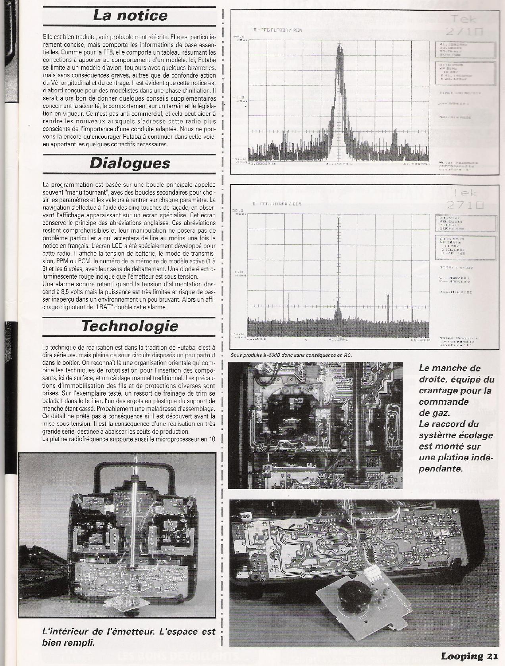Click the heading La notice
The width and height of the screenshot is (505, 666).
[130, 16]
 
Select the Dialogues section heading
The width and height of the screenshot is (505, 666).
[129, 163]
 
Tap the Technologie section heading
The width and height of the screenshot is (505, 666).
[129, 326]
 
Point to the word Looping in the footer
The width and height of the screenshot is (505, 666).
[461, 656]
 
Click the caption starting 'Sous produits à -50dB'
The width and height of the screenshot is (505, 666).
[291, 355]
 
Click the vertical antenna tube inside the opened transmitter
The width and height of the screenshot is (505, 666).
[135, 515]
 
